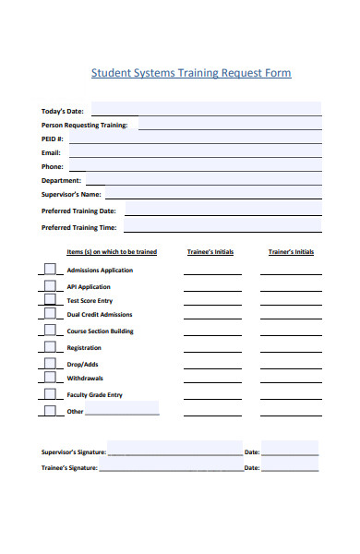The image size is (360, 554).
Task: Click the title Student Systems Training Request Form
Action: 191,73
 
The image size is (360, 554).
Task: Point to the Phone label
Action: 52,166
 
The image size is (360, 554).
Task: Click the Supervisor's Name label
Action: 71,195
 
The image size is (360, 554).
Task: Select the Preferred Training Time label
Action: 79,226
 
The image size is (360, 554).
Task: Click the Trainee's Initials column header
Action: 210,251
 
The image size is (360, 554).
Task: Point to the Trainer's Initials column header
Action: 291,251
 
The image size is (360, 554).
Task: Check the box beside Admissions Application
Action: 49,271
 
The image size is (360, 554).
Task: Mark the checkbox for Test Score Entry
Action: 49,301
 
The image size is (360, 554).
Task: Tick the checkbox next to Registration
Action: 49,348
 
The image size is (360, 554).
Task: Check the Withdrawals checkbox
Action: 49,379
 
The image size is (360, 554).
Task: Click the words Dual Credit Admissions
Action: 99,315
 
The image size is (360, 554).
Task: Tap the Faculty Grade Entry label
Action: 94,395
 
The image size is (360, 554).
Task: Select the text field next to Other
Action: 122,409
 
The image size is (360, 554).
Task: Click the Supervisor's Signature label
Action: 74,452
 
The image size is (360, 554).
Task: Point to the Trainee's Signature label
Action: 69,468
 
